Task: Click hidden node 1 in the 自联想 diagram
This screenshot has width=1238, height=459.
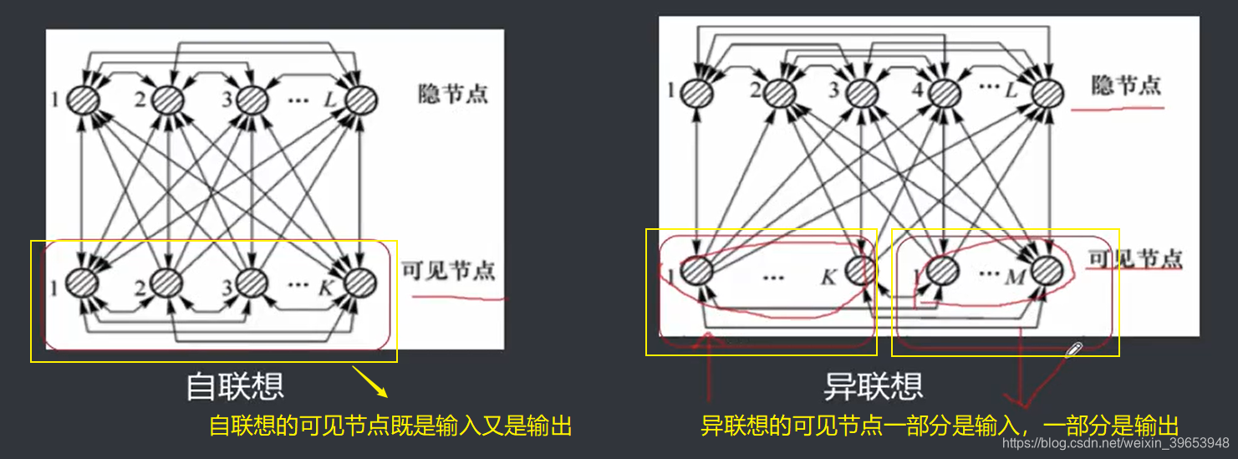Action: coord(84,100)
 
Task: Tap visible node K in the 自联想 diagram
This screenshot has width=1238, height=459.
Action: coord(359,283)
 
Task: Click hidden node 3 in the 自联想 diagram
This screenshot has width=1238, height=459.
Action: coord(250,100)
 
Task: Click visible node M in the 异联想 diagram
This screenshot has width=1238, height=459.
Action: coord(1045,269)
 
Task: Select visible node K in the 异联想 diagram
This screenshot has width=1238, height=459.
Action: coord(861,269)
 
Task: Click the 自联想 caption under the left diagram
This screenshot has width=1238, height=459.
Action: coord(235,385)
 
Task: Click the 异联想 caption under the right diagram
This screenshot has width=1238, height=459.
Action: coord(874,385)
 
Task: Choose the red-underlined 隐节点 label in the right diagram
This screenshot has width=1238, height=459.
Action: coord(1126,86)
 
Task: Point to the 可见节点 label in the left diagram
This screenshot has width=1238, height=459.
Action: coord(448,271)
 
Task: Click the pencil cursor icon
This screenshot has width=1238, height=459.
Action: coord(1074,349)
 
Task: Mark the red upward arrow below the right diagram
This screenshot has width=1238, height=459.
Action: coord(709,368)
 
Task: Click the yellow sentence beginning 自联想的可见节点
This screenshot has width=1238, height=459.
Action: coord(390,426)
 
